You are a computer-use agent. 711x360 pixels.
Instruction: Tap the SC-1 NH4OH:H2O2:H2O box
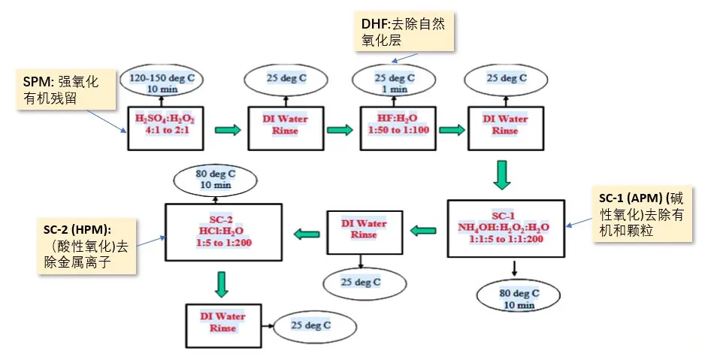[504, 228]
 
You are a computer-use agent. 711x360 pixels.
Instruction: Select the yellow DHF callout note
[406, 33]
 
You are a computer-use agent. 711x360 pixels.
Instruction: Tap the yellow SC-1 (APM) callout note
[646, 215]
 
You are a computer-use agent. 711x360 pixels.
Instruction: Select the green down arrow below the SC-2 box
[221, 283]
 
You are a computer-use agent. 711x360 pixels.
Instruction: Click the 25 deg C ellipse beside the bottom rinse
[310, 326]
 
